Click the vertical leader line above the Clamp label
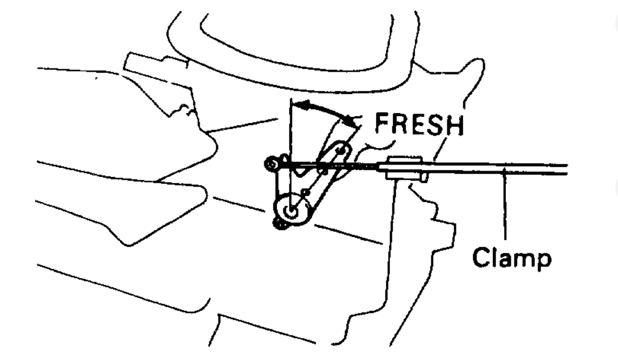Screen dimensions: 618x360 [505, 209]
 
